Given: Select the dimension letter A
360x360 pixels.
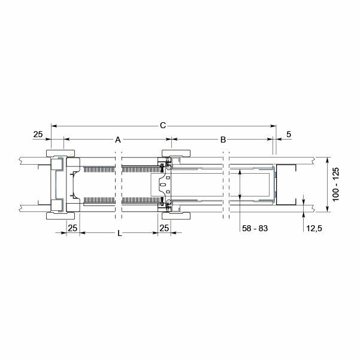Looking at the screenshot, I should (118, 140).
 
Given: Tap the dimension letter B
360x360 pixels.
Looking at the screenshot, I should (223, 140).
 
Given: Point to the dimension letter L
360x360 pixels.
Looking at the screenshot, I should (120, 234).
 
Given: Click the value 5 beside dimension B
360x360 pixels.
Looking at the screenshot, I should (289, 134).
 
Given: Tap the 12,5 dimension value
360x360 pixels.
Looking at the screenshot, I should (311, 229).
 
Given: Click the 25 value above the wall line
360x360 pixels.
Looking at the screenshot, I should (38, 134).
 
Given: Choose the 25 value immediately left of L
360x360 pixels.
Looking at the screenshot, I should (72, 228).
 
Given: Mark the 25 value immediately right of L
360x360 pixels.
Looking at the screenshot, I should (164, 228).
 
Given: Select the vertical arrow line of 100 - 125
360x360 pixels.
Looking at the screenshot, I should (326, 184).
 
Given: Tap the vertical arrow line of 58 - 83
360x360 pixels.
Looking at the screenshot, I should (240, 184).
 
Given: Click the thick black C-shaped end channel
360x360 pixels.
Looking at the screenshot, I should (286, 184).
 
